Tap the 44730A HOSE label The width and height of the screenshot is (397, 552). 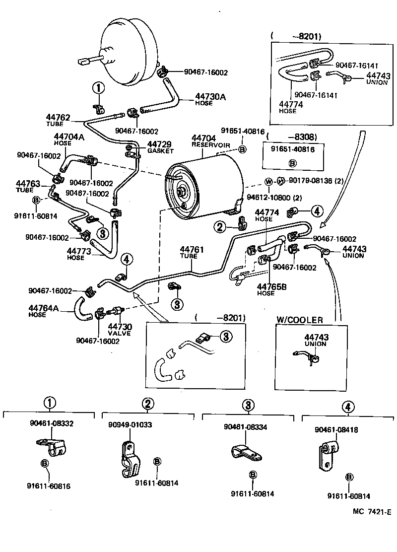click(x=210, y=99)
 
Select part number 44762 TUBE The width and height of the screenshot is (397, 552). click(x=58, y=121)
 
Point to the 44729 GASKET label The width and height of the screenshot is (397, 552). click(x=160, y=147)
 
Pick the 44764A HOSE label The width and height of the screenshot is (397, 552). click(x=44, y=311)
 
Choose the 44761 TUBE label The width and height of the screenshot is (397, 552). click(x=192, y=252)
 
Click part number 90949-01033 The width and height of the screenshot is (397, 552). click(x=130, y=425)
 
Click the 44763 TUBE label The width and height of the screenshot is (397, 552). click(x=28, y=186)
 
